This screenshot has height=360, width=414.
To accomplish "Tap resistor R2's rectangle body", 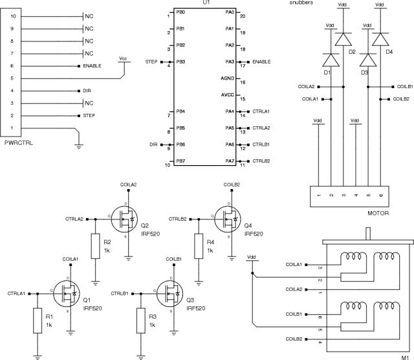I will pyautogui.click(x=94, y=246).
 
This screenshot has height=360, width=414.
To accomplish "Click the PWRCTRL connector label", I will pyautogui.click(x=19, y=141).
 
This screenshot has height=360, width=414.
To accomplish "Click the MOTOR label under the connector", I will pyautogui.click(x=376, y=213).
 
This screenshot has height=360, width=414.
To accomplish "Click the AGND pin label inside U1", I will pyautogui.click(x=227, y=78).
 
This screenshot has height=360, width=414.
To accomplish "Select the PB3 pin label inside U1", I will pyautogui.click(x=180, y=62).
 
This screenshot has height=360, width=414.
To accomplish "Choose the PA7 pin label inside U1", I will pyautogui.click(x=230, y=161).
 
